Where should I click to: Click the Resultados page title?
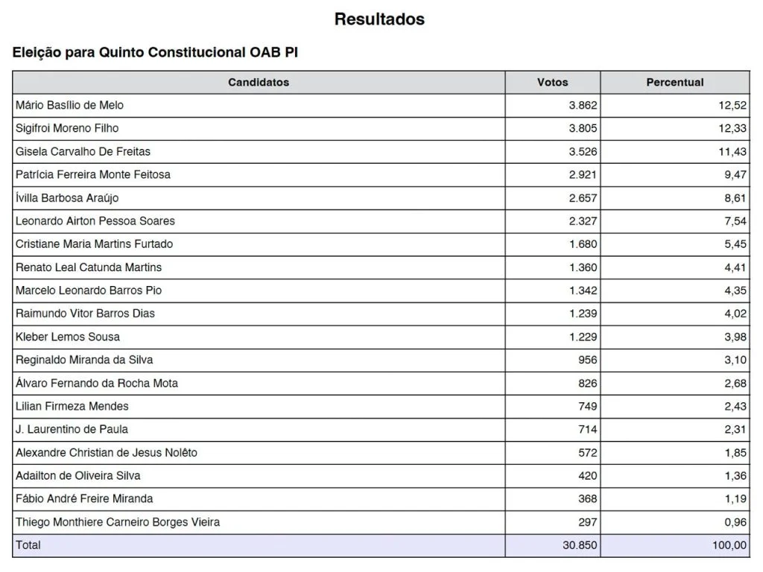coord(379,19)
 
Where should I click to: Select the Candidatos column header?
coord(259,82)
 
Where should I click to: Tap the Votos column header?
coord(552,82)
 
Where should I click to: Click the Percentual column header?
coord(674,82)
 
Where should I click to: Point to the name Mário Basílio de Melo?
coord(69,105)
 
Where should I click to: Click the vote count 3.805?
coord(583,128)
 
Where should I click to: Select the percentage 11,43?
coord(732,151)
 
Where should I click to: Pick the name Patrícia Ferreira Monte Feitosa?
coord(93,174)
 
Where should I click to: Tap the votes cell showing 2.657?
coord(583,197)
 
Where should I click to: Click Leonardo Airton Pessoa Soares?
coord(95,220)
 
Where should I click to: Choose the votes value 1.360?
coord(583,267)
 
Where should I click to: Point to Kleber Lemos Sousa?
coord(68,337)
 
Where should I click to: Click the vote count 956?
coord(588,360)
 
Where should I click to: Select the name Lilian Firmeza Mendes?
coord(72,406)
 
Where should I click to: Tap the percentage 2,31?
coord(735,429)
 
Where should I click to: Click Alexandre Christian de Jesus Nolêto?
coord(107,452)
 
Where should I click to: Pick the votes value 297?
coord(588,522)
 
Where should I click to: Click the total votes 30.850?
coord(580,545)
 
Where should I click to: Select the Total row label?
coord(28,545)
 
